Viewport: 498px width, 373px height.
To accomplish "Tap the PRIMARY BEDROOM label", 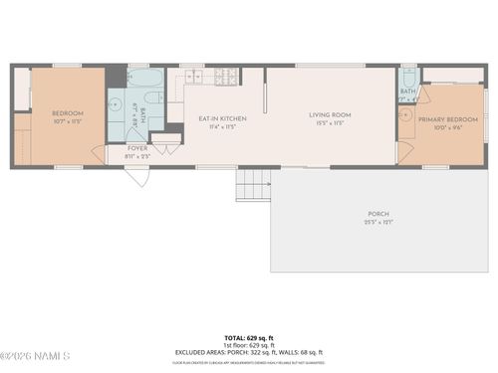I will (x=446, y=119).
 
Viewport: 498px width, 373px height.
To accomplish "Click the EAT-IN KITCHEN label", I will (x=222, y=119).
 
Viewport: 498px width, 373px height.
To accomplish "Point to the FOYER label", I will (x=137, y=148).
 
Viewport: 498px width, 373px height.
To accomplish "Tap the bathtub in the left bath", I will (x=145, y=79).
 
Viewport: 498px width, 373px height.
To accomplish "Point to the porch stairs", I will (x=253, y=185).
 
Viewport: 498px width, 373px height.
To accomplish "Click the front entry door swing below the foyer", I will (x=136, y=176).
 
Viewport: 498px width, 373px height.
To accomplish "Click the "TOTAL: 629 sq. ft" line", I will (x=248, y=338).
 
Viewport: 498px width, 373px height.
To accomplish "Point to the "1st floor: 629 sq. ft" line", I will (x=248, y=345).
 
